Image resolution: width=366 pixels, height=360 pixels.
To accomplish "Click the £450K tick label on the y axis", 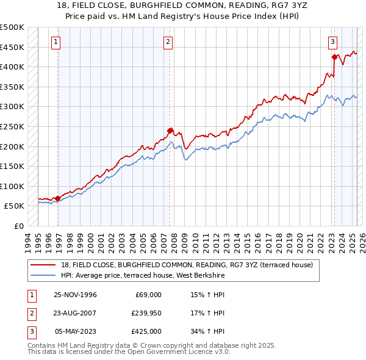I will click(x=12, y=47).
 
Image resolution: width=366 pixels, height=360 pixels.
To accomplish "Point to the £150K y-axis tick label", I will click(x=12, y=166).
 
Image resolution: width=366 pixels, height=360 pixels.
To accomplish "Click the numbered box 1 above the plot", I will click(x=56, y=42).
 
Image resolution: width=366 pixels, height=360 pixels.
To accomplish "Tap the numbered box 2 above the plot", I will click(x=168, y=42).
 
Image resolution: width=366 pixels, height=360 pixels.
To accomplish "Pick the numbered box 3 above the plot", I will click(x=332, y=42).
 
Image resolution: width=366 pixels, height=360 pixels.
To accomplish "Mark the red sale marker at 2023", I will click(x=334, y=57).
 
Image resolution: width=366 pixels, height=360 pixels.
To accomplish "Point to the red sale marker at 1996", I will click(x=58, y=198).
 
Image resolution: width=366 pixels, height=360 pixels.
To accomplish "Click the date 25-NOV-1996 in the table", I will click(x=76, y=295).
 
